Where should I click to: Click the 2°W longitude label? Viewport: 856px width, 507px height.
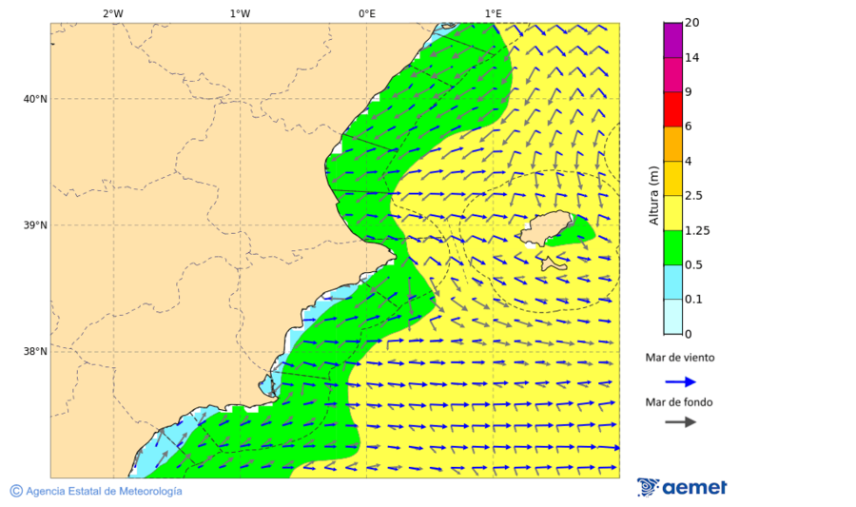click(112, 13)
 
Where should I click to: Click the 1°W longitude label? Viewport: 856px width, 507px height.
click(240, 13)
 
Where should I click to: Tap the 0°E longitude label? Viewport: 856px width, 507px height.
click(366, 13)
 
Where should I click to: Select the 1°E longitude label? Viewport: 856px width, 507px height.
click(493, 13)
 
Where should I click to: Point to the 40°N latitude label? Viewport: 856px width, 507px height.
click(34, 99)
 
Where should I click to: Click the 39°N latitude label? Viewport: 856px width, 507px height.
click(34, 225)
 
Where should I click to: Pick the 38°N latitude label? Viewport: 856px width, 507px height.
click(34, 352)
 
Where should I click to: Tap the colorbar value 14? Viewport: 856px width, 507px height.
click(691, 58)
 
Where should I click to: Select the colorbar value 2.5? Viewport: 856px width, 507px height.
click(694, 196)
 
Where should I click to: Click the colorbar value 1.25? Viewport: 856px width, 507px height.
click(697, 230)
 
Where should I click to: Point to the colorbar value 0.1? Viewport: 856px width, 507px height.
click(694, 299)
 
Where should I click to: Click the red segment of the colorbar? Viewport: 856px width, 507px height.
click(672, 109)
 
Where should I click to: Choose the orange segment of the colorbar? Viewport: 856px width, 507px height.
click(672, 144)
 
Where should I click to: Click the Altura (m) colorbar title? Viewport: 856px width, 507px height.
click(653, 195)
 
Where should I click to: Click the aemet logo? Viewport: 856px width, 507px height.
click(682, 487)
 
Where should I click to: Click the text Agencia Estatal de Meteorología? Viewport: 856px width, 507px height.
click(103, 491)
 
